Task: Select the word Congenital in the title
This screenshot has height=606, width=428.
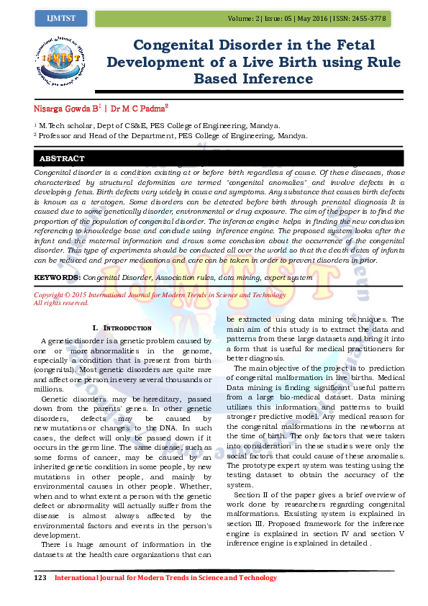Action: [178, 45]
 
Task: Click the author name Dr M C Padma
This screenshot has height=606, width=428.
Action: [139, 109]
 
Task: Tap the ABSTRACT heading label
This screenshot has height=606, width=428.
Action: [62, 158]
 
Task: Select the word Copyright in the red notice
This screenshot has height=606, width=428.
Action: [53, 295]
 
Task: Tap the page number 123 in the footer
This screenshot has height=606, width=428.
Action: [40, 578]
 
